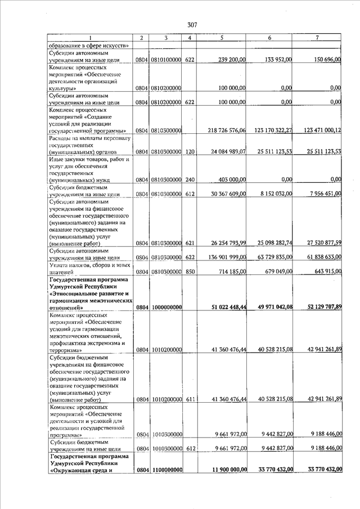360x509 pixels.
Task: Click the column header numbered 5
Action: tap(223, 38)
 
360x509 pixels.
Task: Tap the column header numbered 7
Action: tap(318, 38)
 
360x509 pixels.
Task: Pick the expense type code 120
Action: tap(190, 152)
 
